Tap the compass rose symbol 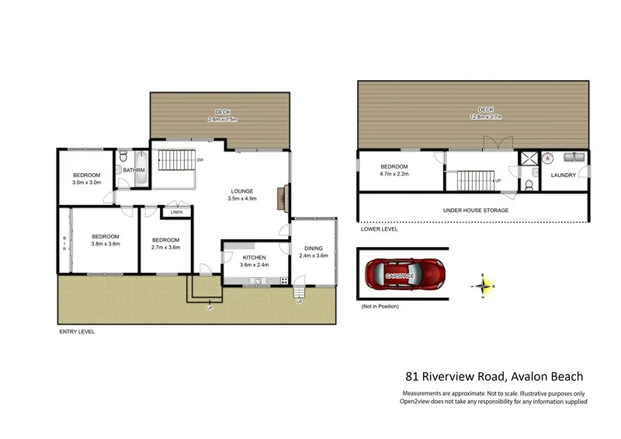click(x=483, y=286)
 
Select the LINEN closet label click(x=176, y=212)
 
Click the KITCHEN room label click(x=254, y=257)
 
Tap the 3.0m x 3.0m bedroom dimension click(x=88, y=183)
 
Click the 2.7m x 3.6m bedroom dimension click(x=165, y=248)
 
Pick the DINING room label click(x=314, y=249)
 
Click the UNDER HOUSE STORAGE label click(x=475, y=211)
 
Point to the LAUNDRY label click(x=564, y=176)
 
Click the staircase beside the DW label click(x=176, y=161)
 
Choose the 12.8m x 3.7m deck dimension click(x=486, y=118)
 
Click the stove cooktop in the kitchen click(x=284, y=280)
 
